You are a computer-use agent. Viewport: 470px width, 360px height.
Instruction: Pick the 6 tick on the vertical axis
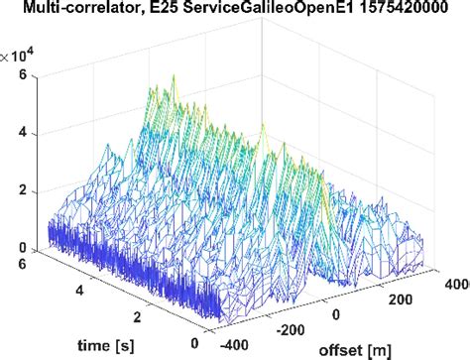point(34,77)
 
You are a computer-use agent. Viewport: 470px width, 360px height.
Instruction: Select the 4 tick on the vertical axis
point(34,134)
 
